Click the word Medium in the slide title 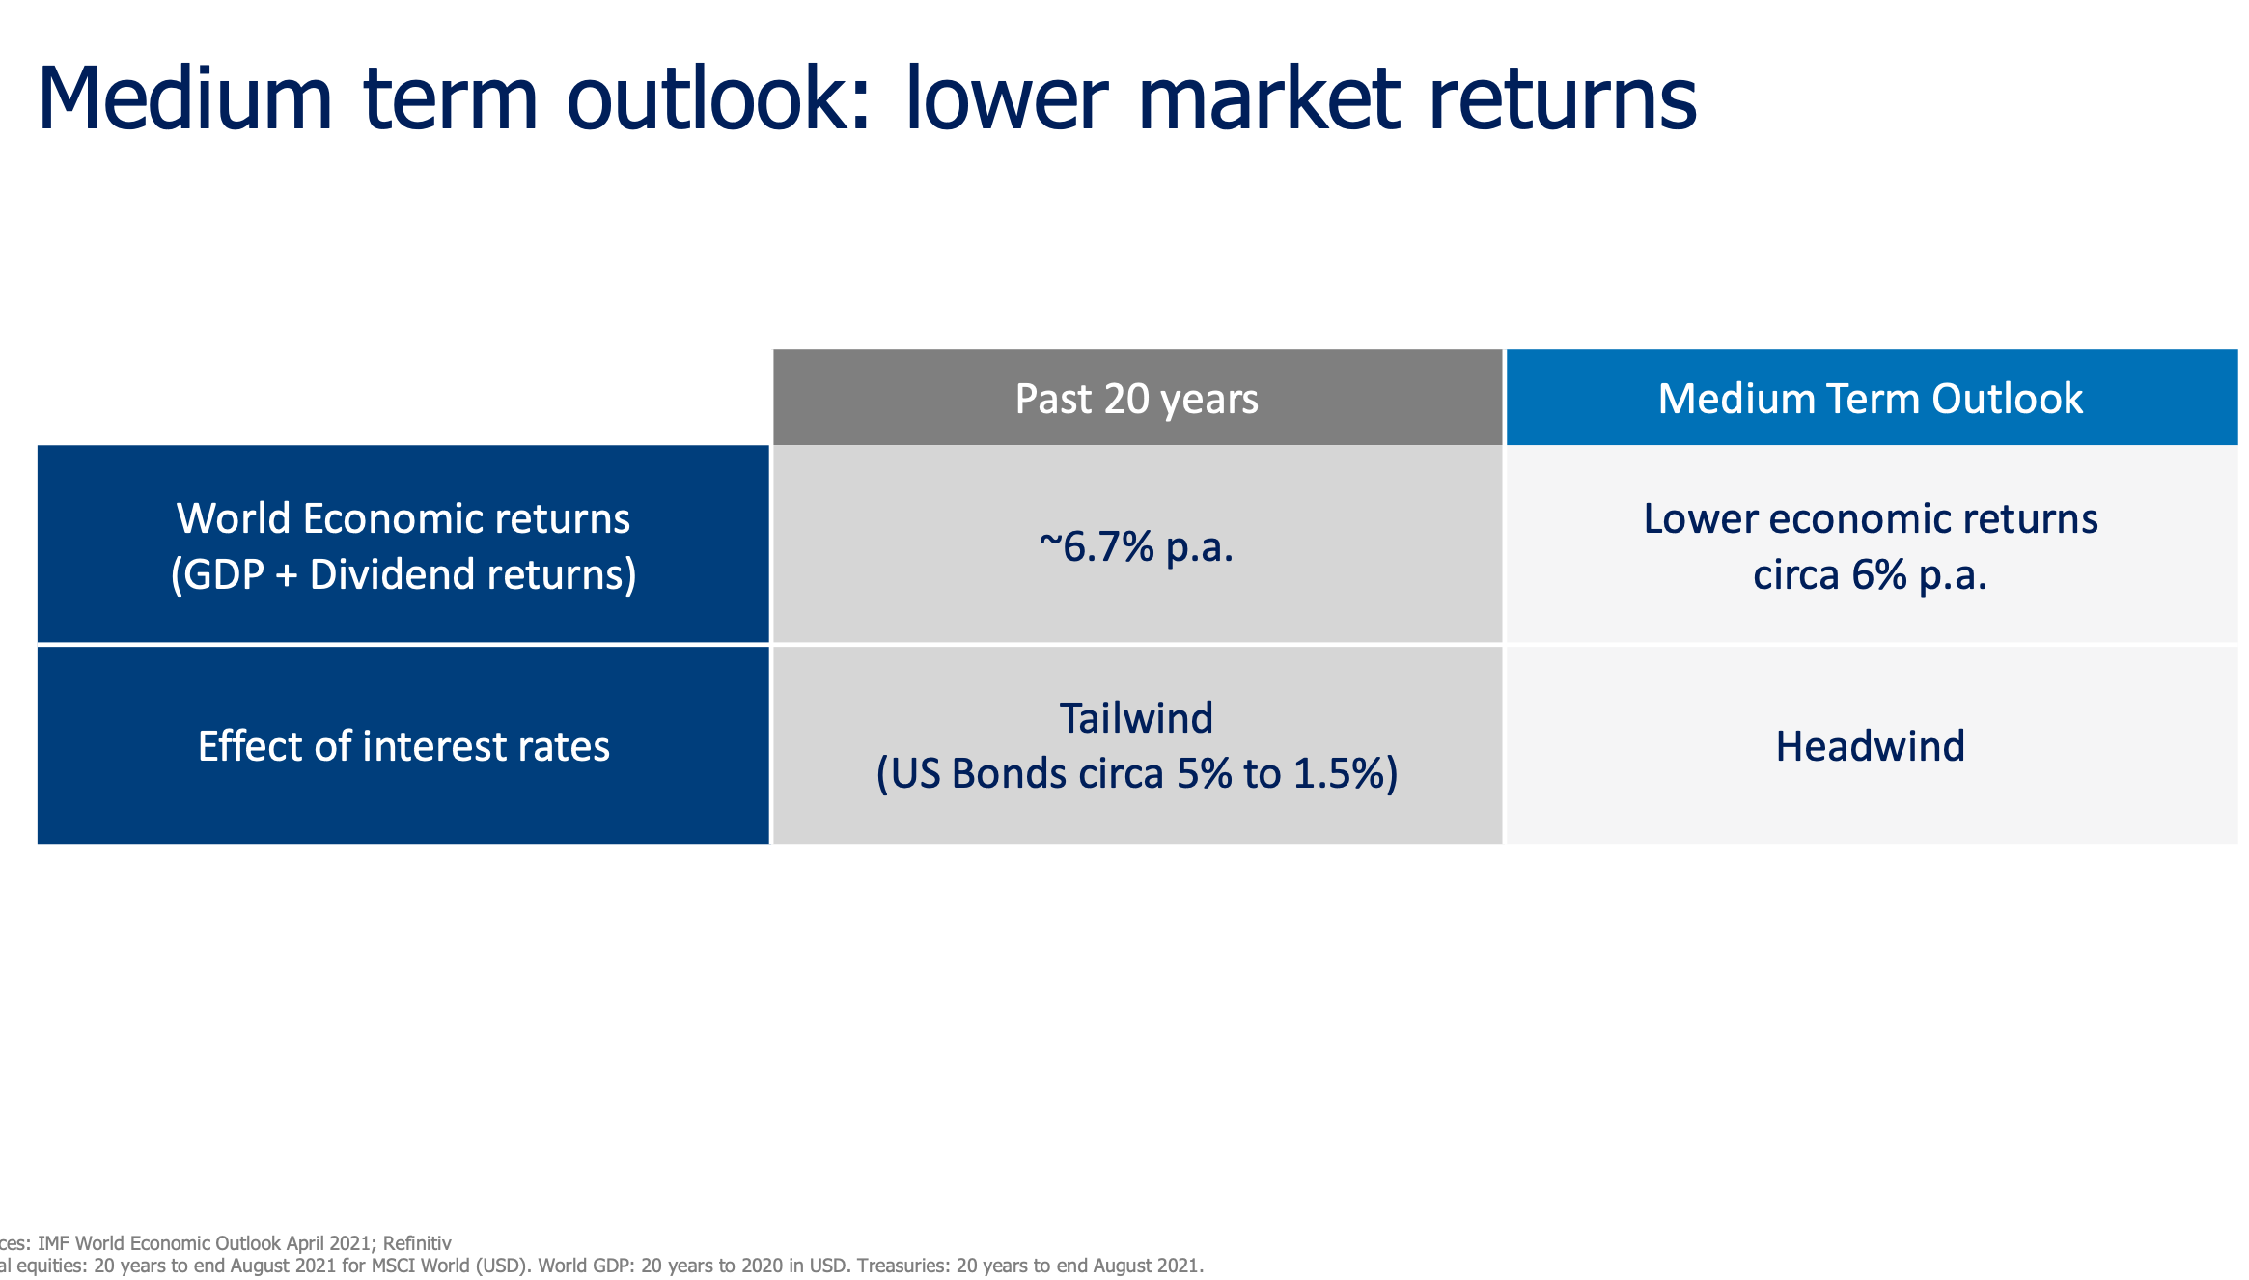coord(184,98)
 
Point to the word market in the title coord(1268,98)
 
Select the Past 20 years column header coord(1136,399)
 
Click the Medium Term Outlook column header coord(1870,399)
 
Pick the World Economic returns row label coord(403,518)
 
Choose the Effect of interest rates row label coord(403,746)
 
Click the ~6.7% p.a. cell coord(1136,546)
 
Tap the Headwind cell coord(1870,746)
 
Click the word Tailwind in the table coord(1136,718)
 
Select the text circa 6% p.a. coord(1870,575)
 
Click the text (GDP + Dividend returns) coord(403,575)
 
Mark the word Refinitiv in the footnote coord(417,1243)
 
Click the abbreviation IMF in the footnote coord(54,1243)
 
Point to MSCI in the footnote coord(396,1266)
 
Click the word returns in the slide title coord(1562,98)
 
